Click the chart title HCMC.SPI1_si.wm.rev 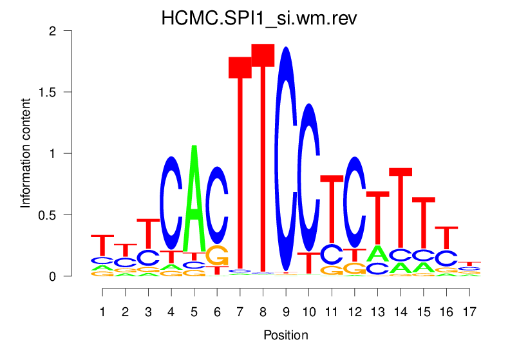pyautogui.click(x=259, y=19)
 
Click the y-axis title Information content pyautogui.click(x=26, y=153)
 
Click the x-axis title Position pyautogui.click(x=286, y=336)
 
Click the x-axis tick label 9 pyautogui.click(x=286, y=312)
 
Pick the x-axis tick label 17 pyautogui.click(x=469, y=312)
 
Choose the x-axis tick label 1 pyautogui.click(x=102, y=312)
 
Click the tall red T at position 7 pyautogui.click(x=240, y=161)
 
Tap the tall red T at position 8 pyautogui.click(x=263, y=155)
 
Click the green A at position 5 pyautogui.click(x=194, y=200)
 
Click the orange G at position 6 pyautogui.click(x=218, y=255)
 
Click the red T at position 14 pyautogui.click(x=401, y=206)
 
